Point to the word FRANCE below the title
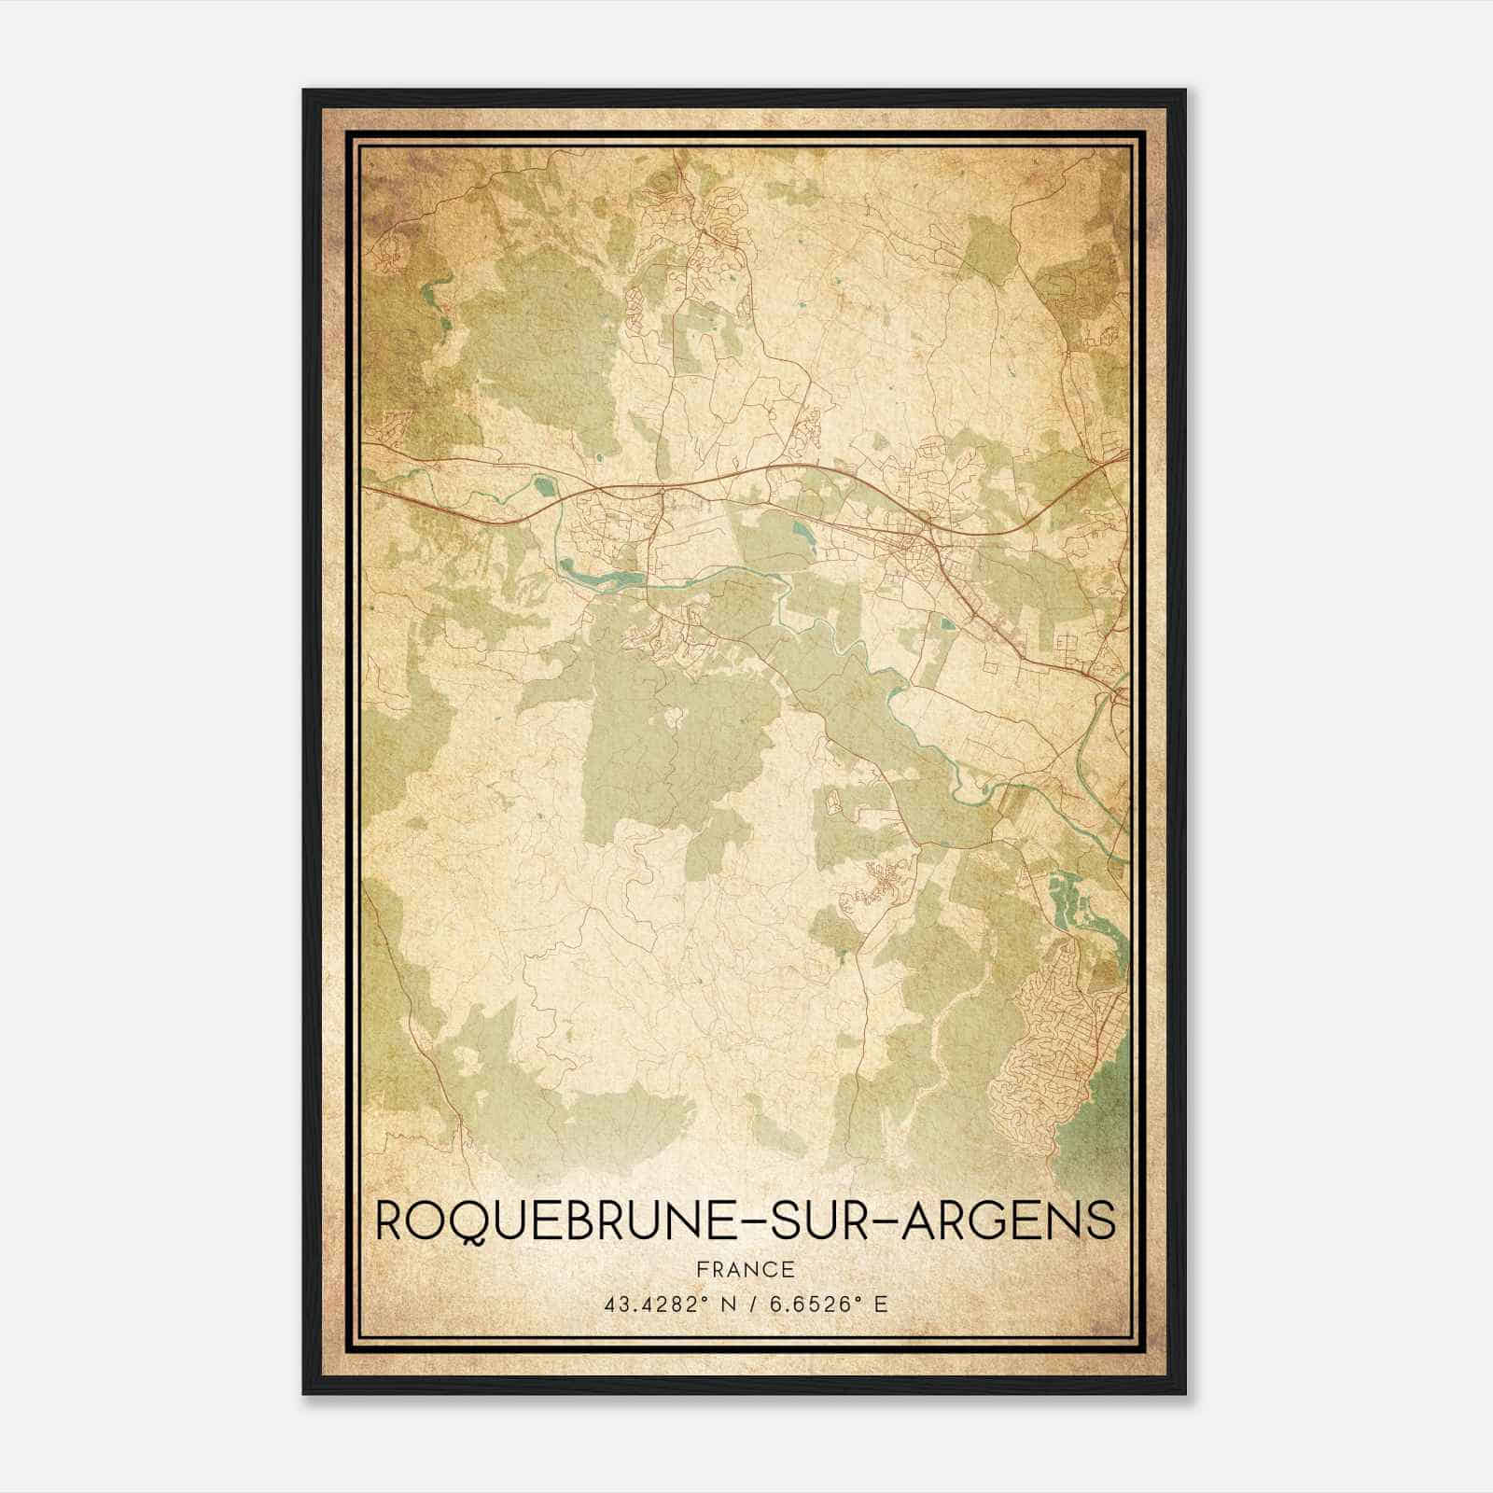745,1269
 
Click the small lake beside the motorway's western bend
541,484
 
